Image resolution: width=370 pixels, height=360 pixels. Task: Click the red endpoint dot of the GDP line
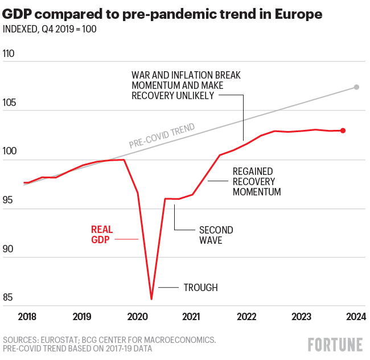[343, 130]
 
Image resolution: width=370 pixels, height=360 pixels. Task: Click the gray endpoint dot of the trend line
[356, 87]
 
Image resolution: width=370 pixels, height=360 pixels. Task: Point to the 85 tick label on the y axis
[10, 298]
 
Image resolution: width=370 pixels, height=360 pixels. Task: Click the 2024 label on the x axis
[355, 317]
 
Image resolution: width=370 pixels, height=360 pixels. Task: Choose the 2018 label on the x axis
[27, 317]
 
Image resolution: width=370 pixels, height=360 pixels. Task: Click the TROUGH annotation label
[200, 288]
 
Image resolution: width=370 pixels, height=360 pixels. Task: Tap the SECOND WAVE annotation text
[216, 235]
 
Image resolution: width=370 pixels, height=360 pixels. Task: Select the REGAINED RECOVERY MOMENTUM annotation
[257, 182]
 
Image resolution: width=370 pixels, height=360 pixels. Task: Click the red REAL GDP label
[102, 235]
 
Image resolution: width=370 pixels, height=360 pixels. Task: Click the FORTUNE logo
[335, 345]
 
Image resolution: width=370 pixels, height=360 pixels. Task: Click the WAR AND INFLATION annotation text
[186, 85]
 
